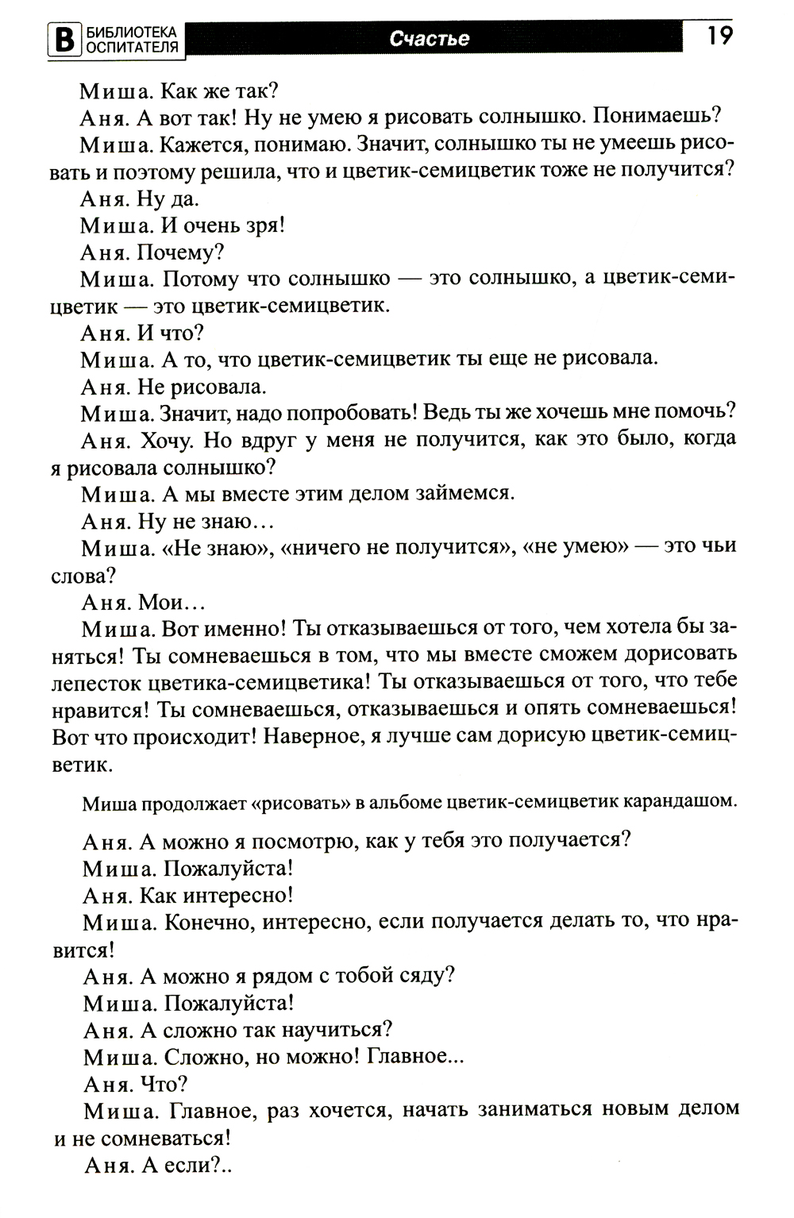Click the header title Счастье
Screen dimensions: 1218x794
click(x=430, y=39)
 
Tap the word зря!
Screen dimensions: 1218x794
click(x=266, y=225)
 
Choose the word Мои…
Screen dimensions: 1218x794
click(x=172, y=601)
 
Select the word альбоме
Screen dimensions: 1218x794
click(x=402, y=801)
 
